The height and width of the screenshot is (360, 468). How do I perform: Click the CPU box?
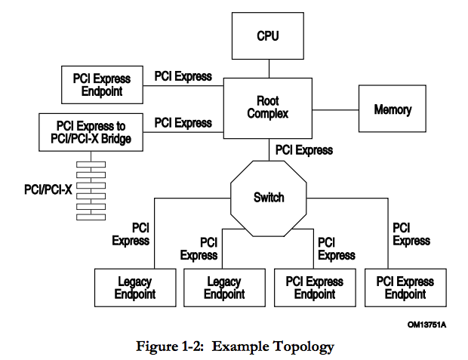[269, 36]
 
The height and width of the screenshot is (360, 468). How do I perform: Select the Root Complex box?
[269, 107]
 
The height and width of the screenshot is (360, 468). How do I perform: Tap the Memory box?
[393, 110]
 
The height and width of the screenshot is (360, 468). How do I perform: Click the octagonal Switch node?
[269, 198]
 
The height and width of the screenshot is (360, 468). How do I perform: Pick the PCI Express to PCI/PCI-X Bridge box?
[91, 131]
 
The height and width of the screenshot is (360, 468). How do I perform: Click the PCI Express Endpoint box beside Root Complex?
[101, 85]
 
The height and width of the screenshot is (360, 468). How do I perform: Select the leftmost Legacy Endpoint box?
[135, 288]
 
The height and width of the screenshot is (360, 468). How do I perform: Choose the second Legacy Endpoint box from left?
[224, 288]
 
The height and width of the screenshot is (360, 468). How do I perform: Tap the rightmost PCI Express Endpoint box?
[405, 288]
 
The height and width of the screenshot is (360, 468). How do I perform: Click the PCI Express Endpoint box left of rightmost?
[315, 288]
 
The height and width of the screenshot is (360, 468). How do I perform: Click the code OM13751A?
[426, 324]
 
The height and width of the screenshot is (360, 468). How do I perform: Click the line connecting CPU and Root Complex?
[269, 69]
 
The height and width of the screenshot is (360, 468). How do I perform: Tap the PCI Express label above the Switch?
[303, 150]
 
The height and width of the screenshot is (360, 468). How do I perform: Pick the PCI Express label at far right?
[411, 234]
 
